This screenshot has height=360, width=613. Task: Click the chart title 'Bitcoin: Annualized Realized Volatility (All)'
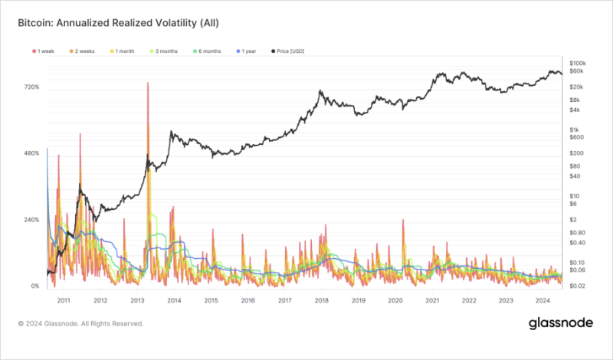point(120,24)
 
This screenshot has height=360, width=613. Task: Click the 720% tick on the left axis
point(31,87)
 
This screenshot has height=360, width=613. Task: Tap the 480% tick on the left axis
point(31,154)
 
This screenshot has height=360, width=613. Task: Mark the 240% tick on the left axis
point(31,220)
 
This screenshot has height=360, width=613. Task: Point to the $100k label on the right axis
point(579,62)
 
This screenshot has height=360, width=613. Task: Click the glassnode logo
point(561,324)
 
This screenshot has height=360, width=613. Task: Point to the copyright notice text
point(80,324)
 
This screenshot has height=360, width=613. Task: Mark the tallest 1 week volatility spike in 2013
point(147,83)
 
